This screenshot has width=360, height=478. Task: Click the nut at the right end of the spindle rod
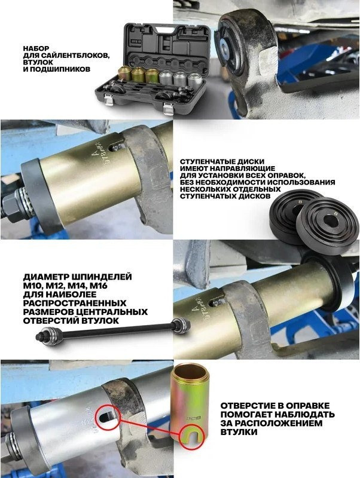point(179,325)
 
